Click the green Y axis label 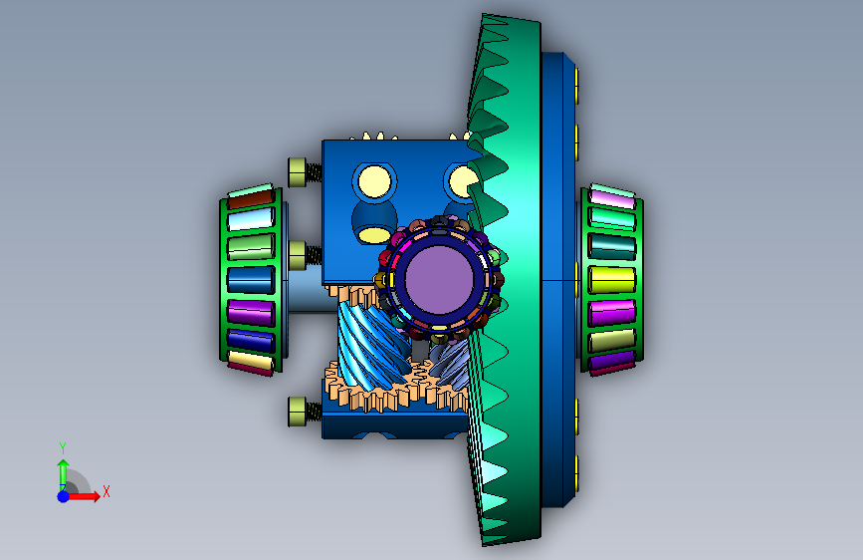click(x=63, y=447)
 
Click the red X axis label click(x=107, y=491)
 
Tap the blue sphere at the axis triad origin click(x=64, y=496)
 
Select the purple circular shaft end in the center click(x=439, y=279)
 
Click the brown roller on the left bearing click(x=251, y=199)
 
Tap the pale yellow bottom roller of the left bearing click(x=251, y=361)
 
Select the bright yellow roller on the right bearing click(x=612, y=279)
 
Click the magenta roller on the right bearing click(x=612, y=313)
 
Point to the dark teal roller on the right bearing click(x=612, y=246)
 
